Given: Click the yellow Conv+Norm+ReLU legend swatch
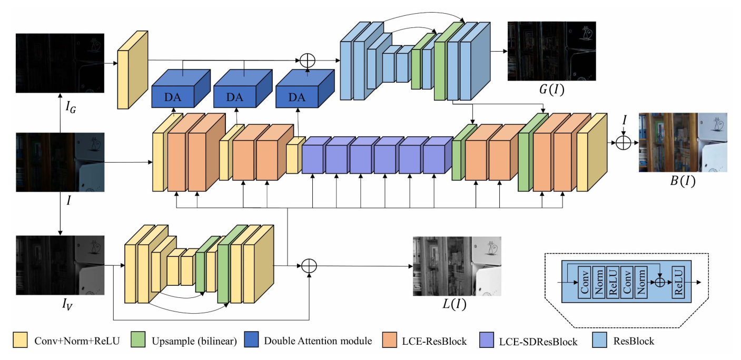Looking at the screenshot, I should click(x=22, y=341).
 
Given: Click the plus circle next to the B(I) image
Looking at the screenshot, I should click(x=624, y=143).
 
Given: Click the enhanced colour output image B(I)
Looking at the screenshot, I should click(x=683, y=142).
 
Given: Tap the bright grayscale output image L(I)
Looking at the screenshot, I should click(x=456, y=266).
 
